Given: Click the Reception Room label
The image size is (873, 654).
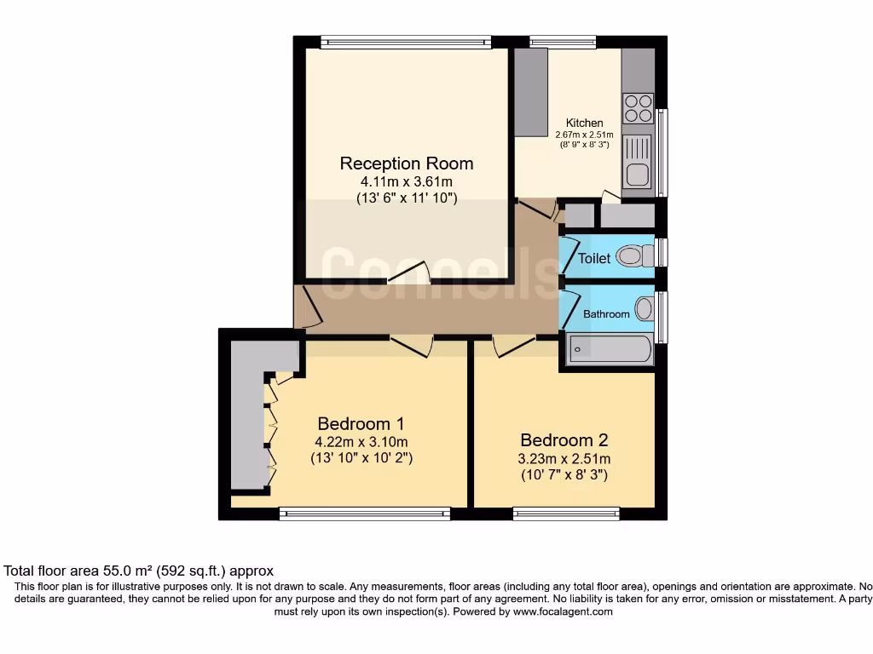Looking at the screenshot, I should point(406,163).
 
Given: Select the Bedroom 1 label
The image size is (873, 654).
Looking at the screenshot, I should point(361,423).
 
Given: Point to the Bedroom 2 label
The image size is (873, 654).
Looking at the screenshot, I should point(564,440).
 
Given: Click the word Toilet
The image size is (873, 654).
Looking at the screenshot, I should point(594,258).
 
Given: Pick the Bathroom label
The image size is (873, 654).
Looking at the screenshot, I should point(606,314).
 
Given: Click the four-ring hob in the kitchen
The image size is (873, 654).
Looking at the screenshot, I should point(639,108).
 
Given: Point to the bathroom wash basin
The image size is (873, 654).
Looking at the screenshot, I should point(645,308).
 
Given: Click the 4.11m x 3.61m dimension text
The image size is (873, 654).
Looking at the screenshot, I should point(407,182).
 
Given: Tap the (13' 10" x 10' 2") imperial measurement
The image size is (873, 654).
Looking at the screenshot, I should point(361,458).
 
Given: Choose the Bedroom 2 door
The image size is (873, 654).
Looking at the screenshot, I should point(513,345).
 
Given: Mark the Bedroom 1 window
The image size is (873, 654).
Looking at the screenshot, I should point(364,513).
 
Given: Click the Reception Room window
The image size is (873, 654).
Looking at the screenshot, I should point(406,41).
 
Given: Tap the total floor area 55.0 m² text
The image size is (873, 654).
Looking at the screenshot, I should point(139,571).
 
